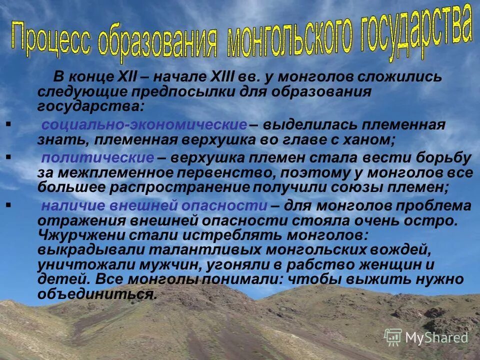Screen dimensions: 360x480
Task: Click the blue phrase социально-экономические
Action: [144, 125]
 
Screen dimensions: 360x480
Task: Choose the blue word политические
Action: [98, 158]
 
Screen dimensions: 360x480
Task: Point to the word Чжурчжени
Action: [80, 235]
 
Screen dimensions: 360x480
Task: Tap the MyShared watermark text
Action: [436, 337]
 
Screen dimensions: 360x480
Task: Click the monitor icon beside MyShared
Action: [393, 337]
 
